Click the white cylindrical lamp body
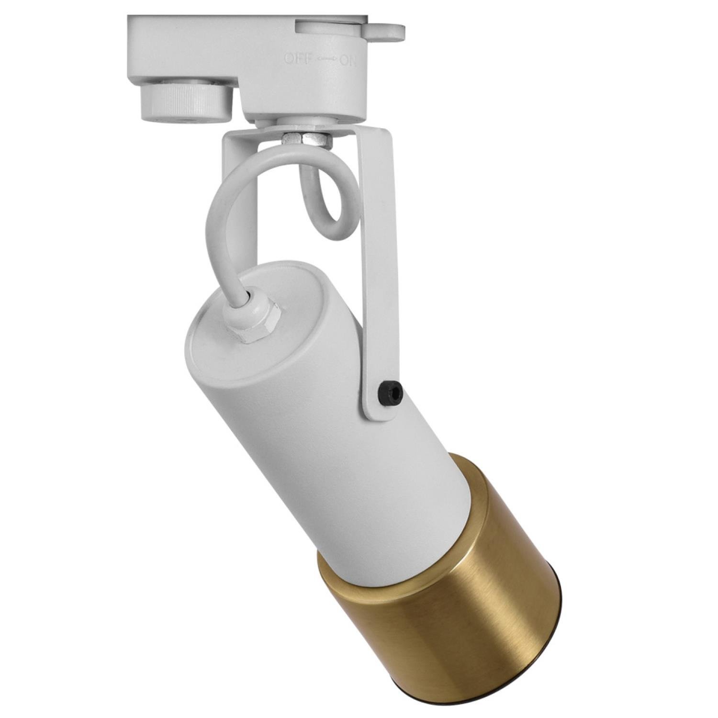tap(306, 407)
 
